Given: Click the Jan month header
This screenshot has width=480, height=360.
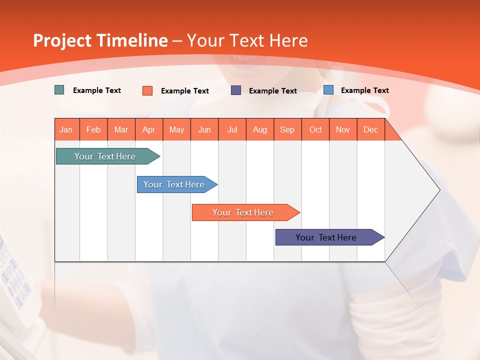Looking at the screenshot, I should [x=66, y=129].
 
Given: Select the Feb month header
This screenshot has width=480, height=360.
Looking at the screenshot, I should [x=93, y=129].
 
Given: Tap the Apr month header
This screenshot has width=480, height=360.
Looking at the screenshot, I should [x=148, y=129].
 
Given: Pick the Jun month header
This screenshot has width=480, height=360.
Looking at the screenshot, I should [x=204, y=129].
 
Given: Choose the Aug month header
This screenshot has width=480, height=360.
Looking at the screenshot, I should [x=260, y=129].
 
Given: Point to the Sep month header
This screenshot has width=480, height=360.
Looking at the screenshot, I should [x=287, y=129].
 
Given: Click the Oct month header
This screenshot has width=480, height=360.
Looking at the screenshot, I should [x=315, y=129].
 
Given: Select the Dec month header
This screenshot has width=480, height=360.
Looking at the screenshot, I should [x=370, y=129].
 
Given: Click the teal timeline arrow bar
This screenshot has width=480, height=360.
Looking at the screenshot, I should [x=105, y=156].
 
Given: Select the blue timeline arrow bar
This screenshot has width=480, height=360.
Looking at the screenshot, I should [x=174, y=184].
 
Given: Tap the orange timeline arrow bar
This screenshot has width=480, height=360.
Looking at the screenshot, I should [x=243, y=212].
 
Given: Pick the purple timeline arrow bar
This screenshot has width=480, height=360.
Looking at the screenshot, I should [x=326, y=237].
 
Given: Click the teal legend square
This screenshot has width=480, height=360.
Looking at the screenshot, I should [x=59, y=90].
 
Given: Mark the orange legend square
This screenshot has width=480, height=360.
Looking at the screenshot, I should [x=147, y=90].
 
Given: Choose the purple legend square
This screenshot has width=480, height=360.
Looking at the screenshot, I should [x=236, y=90].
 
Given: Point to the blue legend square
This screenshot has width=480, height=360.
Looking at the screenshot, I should [x=328, y=90].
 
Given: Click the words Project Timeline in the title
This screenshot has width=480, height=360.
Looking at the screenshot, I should [x=100, y=40].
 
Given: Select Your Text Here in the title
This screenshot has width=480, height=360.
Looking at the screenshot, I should [x=247, y=40].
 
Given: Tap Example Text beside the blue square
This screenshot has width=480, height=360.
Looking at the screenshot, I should [x=364, y=90].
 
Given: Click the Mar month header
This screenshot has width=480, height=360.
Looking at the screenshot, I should [x=121, y=129].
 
